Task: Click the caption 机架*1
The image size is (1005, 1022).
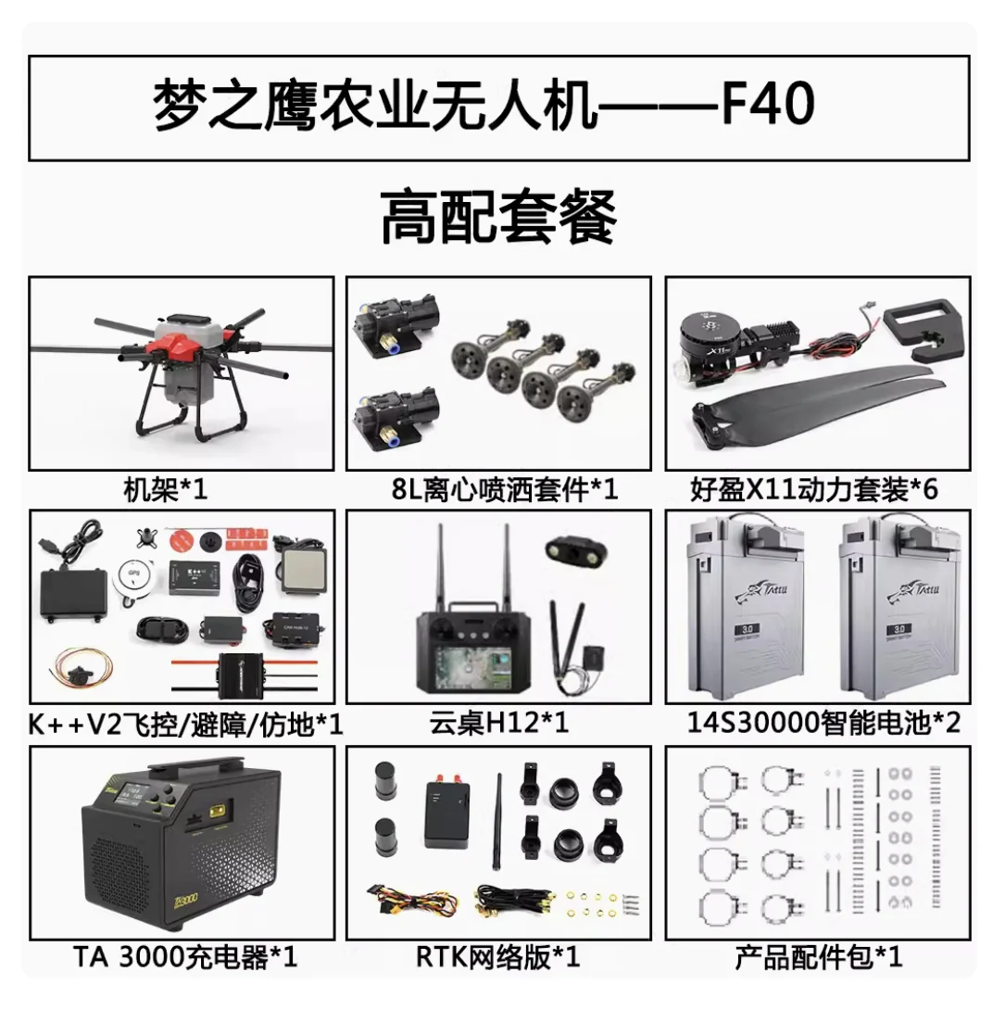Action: (x=166, y=488)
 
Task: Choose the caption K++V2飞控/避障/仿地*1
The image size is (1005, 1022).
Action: (x=186, y=724)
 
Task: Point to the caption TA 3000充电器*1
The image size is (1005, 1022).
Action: (x=184, y=957)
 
